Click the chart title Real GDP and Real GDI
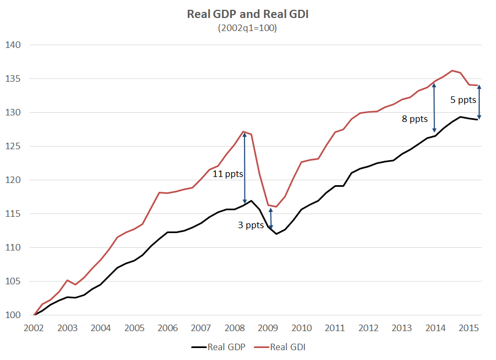[x=247, y=15]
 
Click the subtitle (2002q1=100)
[x=247, y=28]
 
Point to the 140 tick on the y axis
[x=13, y=45]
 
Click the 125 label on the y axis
[x=13, y=147]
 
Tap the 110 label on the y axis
[x=13, y=248]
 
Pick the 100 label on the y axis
[x=13, y=315]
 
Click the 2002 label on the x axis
[x=34, y=328]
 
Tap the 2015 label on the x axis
[x=469, y=328]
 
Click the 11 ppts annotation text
[x=228, y=174]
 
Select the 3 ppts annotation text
[x=251, y=224]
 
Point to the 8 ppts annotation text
[x=415, y=118]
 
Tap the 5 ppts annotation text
[x=463, y=100]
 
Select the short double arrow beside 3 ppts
[x=271, y=219]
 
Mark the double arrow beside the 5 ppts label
[x=479, y=102]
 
